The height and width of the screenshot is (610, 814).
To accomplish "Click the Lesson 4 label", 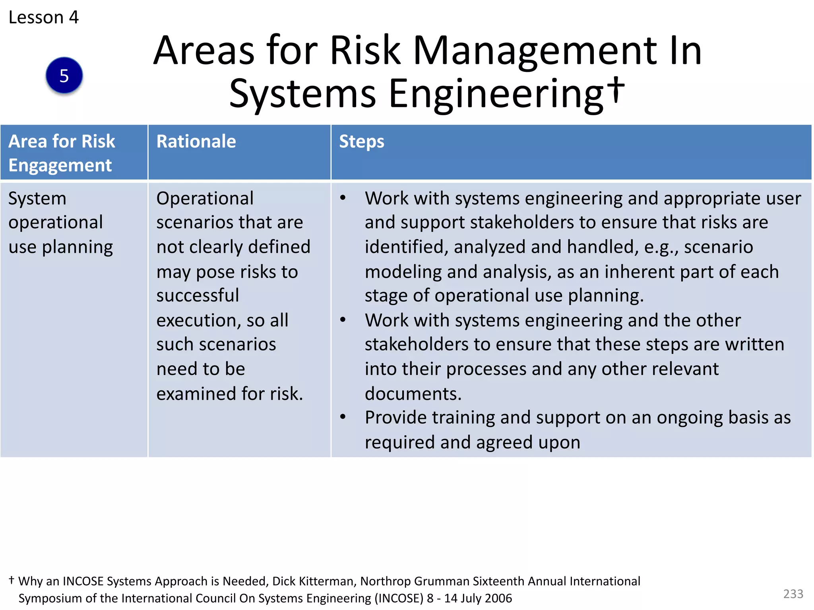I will pyautogui.click(x=44, y=17).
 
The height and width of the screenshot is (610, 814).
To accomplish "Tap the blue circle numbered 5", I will pyautogui.click(x=64, y=75).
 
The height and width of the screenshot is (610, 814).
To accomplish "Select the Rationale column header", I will pyautogui.click(x=196, y=141).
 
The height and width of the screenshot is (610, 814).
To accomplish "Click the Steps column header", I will pyautogui.click(x=361, y=141).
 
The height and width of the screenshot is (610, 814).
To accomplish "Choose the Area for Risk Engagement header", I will pyautogui.click(x=62, y=153).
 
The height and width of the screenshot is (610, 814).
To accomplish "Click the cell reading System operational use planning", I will pyautogui.click(x=60, y=222).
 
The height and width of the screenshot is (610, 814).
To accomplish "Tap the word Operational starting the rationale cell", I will pyautogui.click(x=205, y=198).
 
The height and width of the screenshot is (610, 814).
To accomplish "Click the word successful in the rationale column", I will pyautogui.click(x=198, y=295).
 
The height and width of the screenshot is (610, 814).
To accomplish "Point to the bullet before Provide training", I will pyautogui.click(x=343, y=417).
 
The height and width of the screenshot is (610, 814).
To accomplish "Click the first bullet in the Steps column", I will pyautogui.click(x=343, y=198).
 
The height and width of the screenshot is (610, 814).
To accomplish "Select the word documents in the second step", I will pyautogui.click(x=413, y=394).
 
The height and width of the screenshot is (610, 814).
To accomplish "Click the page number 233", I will pyautogui.click(x=793, y=594).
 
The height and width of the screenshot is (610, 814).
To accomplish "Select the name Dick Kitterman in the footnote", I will pyautogui.click(x=313, y=581).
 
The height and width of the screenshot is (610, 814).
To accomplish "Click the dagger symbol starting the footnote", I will pyautogui.click(x=12, y=580).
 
